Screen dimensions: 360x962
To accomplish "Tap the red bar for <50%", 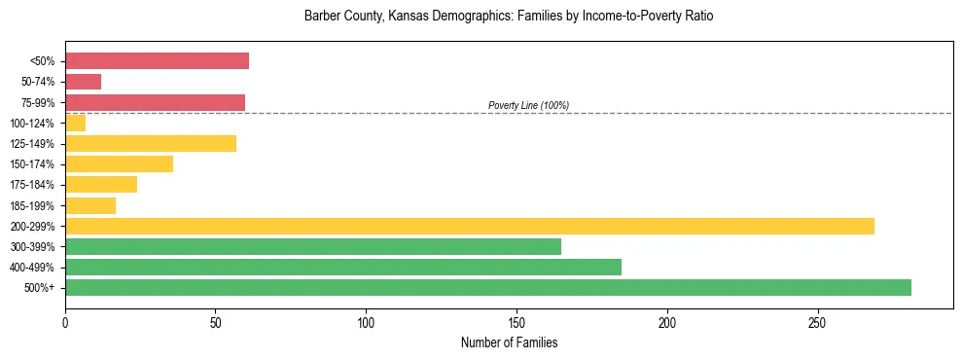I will (157, 61).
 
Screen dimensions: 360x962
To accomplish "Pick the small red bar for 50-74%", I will (83, 82).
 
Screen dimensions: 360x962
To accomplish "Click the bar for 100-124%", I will (75, 123).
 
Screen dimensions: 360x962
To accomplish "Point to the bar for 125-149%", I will (151, 144).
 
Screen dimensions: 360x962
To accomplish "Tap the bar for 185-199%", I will (90, 205).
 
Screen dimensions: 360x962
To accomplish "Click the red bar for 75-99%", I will (155, 102).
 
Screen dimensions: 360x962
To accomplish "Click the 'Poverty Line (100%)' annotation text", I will (528, 105).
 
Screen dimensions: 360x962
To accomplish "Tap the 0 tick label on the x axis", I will (65, 322).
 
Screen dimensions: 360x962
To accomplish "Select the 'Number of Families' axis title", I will (509, 342).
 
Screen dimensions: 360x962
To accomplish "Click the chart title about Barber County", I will (509, 17).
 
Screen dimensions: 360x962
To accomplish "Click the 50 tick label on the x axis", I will (216, 322).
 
